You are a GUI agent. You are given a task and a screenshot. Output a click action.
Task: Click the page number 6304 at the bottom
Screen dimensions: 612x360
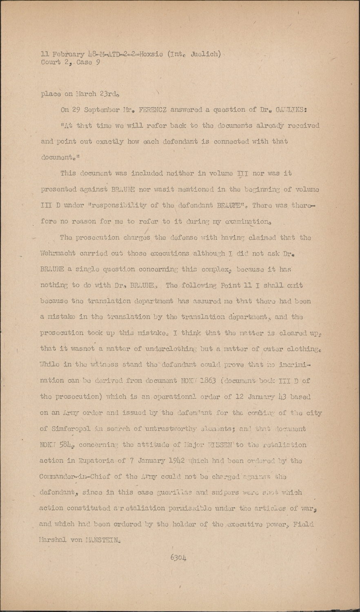tap(178, 557)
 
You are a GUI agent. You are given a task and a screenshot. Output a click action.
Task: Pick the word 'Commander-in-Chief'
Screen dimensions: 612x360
tap(75, 477)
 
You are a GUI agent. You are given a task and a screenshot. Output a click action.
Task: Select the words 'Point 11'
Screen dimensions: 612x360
tap(230, 285)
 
